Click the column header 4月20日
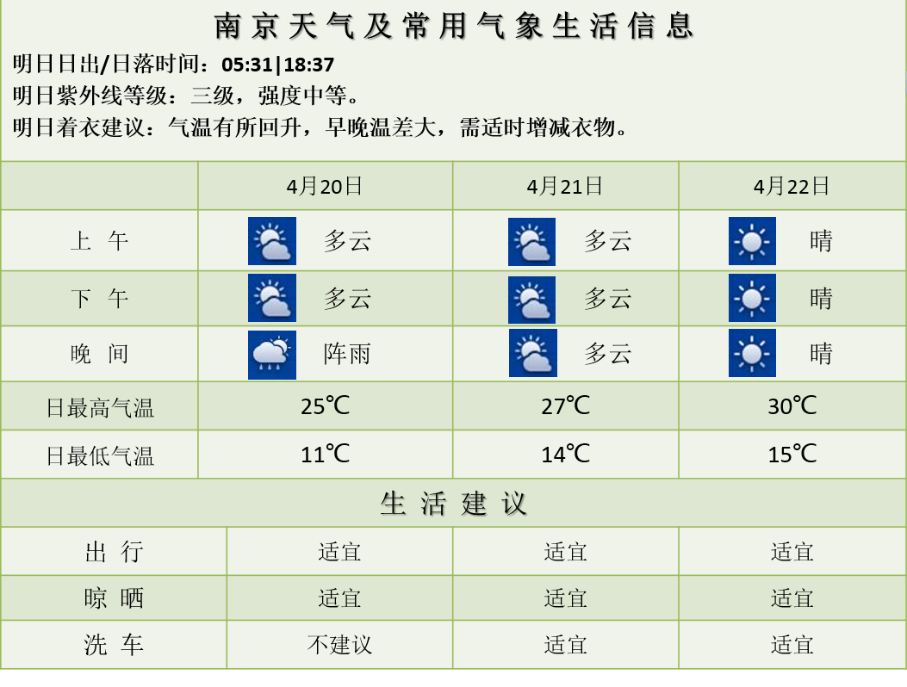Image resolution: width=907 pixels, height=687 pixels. click(325, 186)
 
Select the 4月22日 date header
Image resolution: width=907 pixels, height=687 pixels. click(792, 186)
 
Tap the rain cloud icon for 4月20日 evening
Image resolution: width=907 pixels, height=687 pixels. click(272, 355)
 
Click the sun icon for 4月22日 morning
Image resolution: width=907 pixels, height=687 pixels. click(752, 241)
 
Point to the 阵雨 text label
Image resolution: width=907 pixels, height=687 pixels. click(347, 353)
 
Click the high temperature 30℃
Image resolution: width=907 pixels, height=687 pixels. click(792, 406)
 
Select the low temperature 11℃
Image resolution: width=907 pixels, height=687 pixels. click(325, 454)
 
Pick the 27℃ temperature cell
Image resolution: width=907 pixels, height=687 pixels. click(565, 406)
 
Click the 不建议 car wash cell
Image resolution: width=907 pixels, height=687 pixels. click(339, 645)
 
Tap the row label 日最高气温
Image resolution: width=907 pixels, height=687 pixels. click(100, 408)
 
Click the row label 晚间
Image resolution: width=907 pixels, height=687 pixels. click(100, 353)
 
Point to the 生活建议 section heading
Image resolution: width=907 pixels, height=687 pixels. click(453, 503)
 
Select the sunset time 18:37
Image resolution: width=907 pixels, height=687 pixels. click(309, 65)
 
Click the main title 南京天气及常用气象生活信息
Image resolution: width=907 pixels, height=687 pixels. click(454, 26)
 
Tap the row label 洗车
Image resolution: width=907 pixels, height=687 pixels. click(114, 645)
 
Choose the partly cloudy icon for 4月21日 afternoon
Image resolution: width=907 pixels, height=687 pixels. click(531, 300)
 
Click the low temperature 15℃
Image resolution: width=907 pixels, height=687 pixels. click(792, 454)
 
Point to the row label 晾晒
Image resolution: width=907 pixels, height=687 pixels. click(114, 598)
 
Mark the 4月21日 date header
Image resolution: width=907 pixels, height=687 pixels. click(564, 186)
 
